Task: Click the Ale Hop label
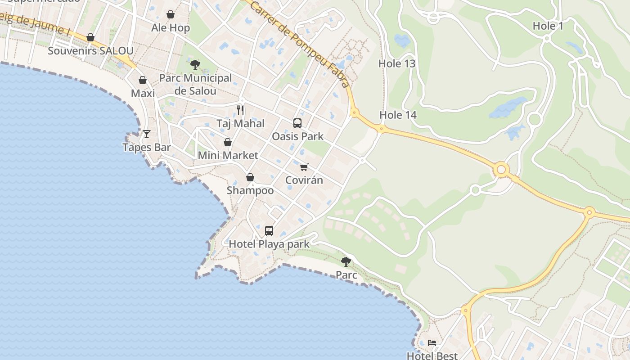point(171,28)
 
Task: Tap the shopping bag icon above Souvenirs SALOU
point(90,37)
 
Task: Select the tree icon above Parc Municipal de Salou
point(195,65)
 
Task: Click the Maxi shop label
point(143,94)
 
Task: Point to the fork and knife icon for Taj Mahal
point(240,110)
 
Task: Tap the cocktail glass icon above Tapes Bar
point(147,134)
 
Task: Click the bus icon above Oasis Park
point(297,123)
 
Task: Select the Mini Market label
point(228,156)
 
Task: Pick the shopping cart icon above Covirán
point(304,167)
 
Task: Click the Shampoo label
point(250,190)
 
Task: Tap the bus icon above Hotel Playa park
point(269,231)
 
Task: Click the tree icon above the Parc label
point(346,261)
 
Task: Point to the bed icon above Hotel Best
point(432,343)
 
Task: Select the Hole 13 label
point(397,63)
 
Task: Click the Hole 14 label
point(398,115)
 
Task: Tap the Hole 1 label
point(548,26)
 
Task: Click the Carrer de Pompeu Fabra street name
point(299,43)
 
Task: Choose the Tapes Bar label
point(147,147)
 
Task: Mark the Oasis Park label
point(297,136)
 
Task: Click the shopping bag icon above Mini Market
point(228,142)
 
